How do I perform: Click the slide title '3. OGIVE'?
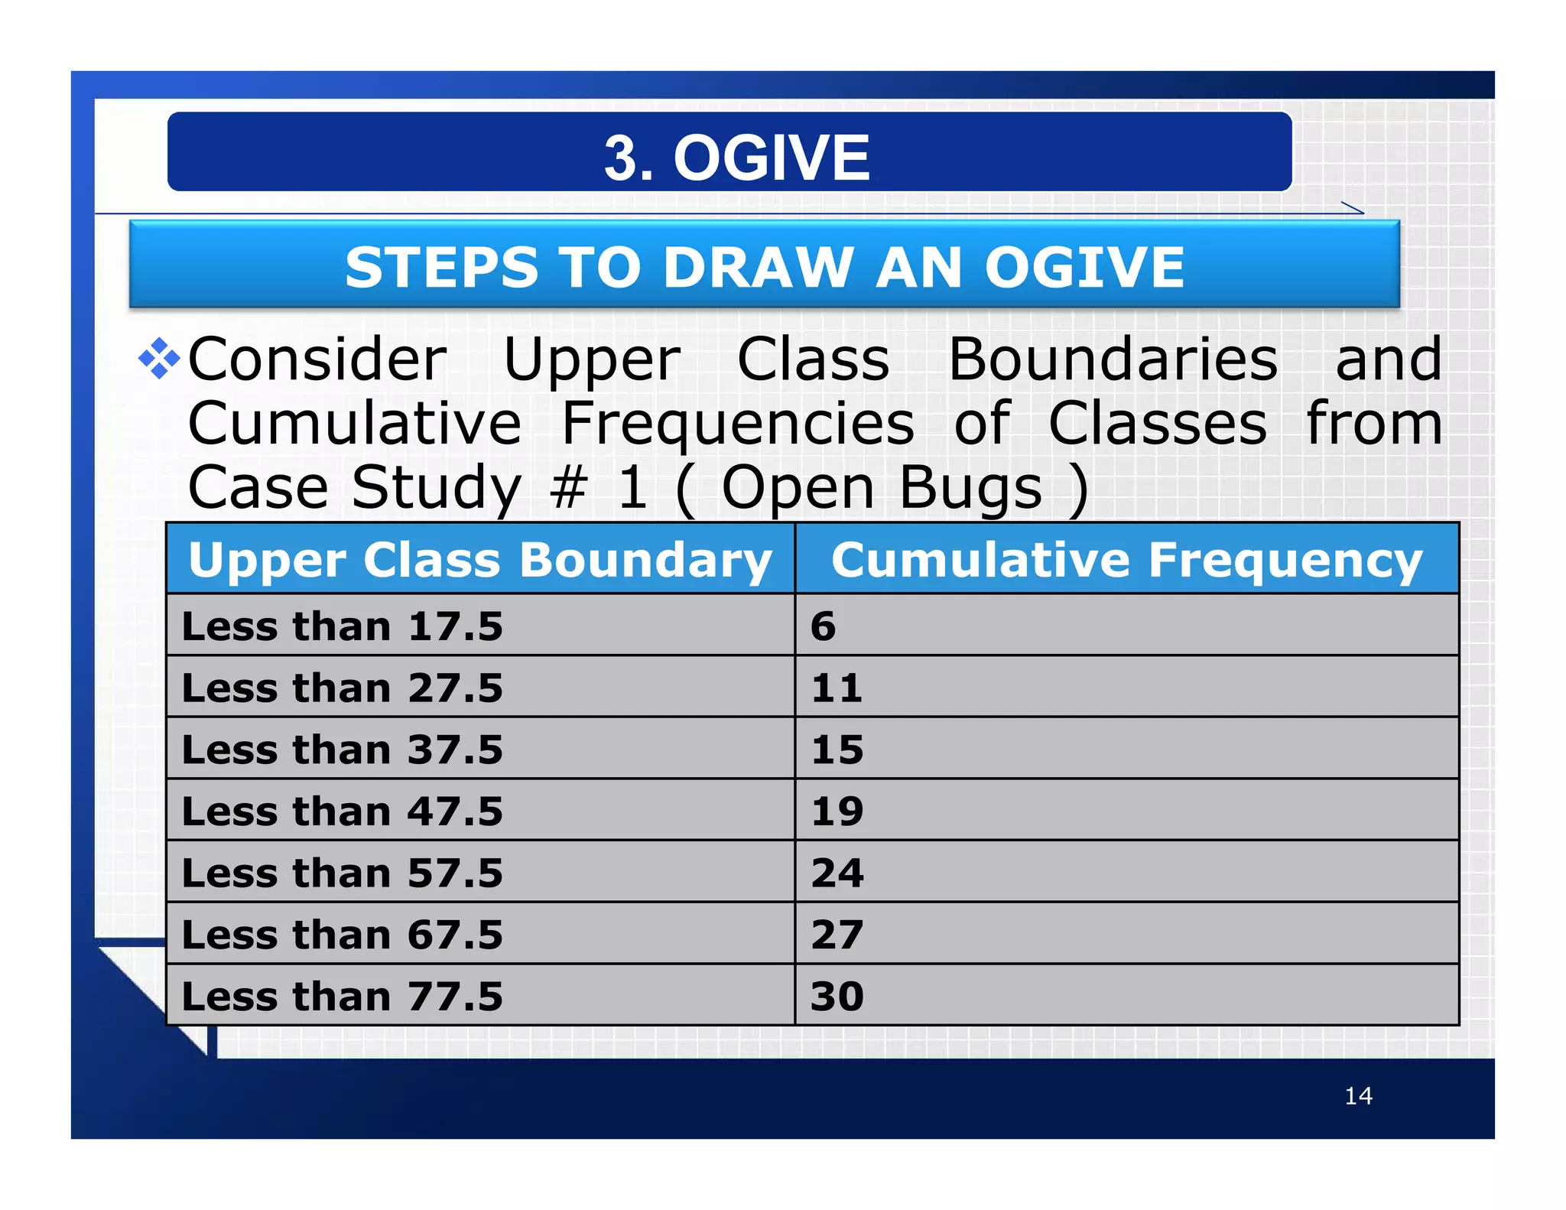coord(736,158)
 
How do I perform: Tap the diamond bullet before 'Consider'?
coord(159,358)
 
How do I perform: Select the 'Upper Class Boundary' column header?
coord(479,560)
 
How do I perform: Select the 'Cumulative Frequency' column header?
coord(1126,560)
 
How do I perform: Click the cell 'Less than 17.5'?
coord(342,626)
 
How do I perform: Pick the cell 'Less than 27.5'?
coord(342,688)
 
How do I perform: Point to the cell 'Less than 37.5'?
coord(342,750)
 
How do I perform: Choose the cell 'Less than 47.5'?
coord(342,811)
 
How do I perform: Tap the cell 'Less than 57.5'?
coord(342,873)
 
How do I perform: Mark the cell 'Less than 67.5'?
coord(342,935)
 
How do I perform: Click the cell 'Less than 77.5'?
coord(342,997)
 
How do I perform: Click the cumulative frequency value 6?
coord(823,626)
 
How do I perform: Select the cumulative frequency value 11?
coord(837,688)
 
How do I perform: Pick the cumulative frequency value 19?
coord(837,811)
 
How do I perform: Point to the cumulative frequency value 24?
coord(837,873)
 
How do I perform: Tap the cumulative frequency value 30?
coord(837,997)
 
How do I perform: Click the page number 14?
coord(1358,1096)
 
